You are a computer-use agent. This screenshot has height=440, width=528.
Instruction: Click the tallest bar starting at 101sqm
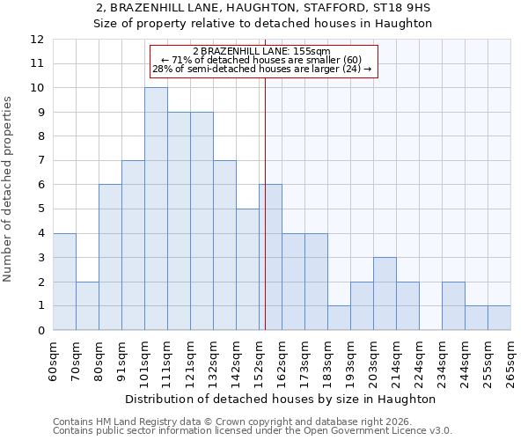point(156,209)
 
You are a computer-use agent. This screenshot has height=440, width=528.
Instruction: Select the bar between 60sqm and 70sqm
point(64,282)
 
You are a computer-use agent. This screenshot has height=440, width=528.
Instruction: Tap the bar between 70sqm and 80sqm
point(87,305)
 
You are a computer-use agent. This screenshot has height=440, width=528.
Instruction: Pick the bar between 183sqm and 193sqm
point(339,318)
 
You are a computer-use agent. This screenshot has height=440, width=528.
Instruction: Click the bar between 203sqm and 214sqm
point(385,294)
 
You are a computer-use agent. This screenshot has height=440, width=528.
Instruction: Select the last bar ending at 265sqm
point(499,318)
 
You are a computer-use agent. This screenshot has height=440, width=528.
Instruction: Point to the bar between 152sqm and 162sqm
point(270,257)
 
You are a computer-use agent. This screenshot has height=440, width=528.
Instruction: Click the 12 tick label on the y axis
point(37,40)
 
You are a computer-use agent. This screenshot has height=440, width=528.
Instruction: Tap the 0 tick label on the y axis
point(40,330)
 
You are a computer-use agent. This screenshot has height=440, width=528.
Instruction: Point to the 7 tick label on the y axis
point(40,161)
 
